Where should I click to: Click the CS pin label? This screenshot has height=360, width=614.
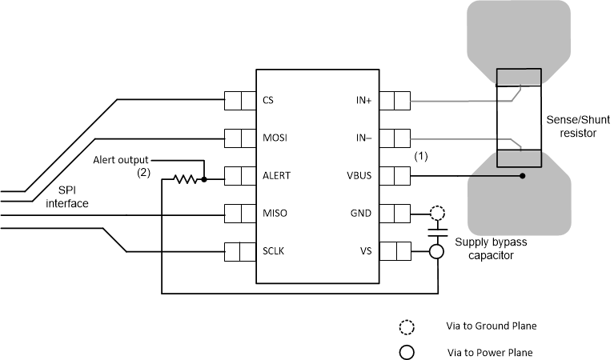(268, 102)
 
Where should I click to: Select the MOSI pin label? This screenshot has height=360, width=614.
(274, 138)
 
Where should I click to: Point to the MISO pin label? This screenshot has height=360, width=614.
(274, 214)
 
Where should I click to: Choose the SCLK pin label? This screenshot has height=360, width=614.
(274, 251)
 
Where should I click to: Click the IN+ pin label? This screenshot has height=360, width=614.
(363, 102)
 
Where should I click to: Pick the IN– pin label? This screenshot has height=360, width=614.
(363, 138)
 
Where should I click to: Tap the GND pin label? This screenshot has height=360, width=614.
(361, 214)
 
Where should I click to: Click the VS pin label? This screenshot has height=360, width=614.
(365, 251)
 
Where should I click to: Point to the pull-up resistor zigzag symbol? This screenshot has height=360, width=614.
(187, 180)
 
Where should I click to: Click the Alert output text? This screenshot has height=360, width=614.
(121, 158)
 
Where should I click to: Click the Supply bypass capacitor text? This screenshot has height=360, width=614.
(484, 248)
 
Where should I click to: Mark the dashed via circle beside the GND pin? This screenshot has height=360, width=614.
(436, 214)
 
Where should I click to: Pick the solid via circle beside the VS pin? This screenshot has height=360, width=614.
(436, 251)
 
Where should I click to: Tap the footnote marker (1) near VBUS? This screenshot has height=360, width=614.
(423, 157)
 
